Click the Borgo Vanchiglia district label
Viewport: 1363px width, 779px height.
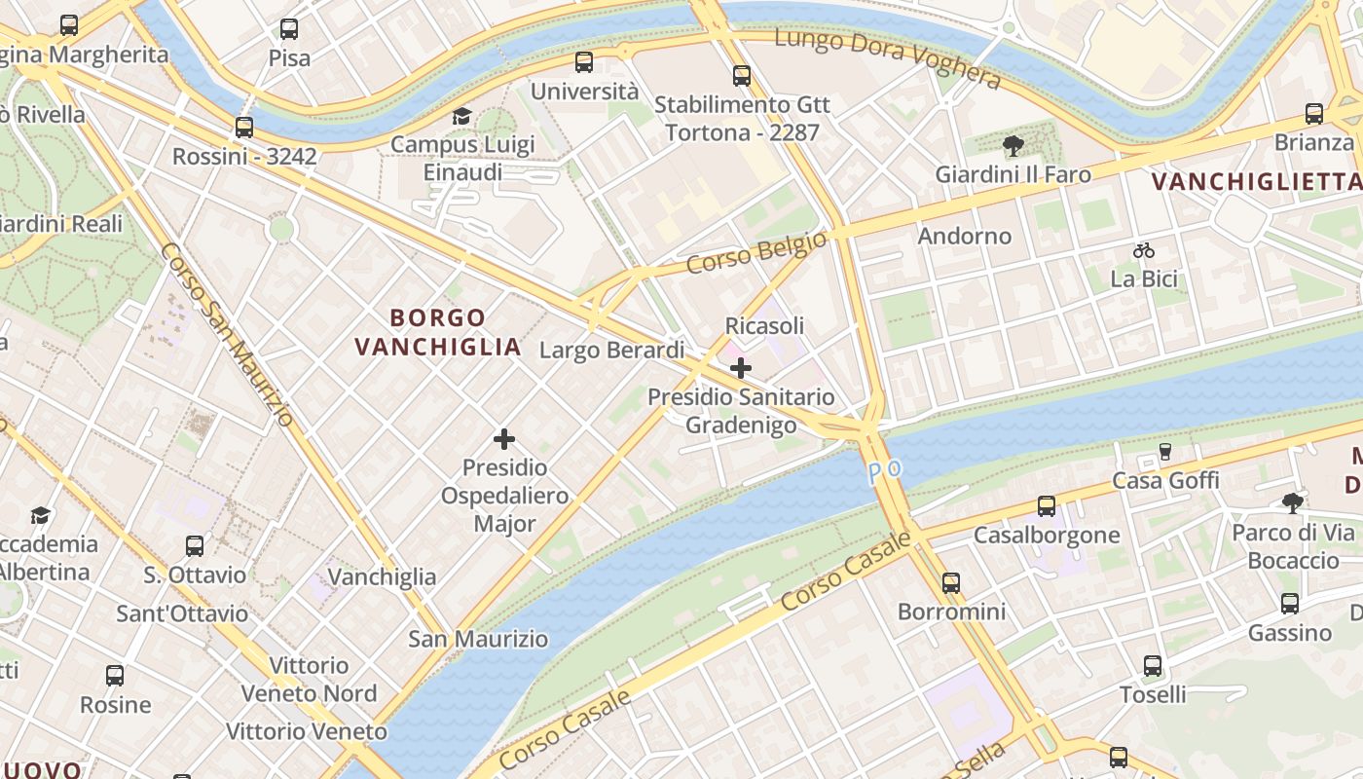(x=438, y=332)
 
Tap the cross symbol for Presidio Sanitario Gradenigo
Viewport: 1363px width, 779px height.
(x=741, y=368)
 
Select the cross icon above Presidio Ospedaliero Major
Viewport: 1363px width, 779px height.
(x=504, y=439)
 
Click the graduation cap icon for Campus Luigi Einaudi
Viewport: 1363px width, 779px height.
(x=461, y=117)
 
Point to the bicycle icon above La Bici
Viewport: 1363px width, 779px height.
(x=1144, y=250)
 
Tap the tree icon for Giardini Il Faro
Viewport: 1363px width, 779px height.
(x=1013, y=147)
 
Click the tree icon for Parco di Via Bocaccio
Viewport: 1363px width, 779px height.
(x=1293, y=503)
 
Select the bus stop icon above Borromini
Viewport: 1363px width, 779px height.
(x=951, y=583)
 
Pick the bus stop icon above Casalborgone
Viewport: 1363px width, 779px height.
(x=1047, y=506)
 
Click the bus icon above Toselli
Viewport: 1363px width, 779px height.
(x=1153, y=666)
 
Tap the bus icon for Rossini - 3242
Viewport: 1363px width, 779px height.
(x=244, y=128)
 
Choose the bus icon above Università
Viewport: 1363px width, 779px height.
(x=584, y=62)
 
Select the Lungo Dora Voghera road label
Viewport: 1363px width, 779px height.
(x=888, y=58)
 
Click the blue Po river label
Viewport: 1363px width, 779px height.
(x=885, y=470)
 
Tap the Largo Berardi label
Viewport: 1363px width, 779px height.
(x=612, y=350)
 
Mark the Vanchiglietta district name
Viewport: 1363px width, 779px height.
(x=1256, y=182)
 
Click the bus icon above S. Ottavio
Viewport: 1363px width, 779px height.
(x=195, y=546)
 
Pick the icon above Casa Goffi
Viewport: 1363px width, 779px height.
(x=1165, y=451)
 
